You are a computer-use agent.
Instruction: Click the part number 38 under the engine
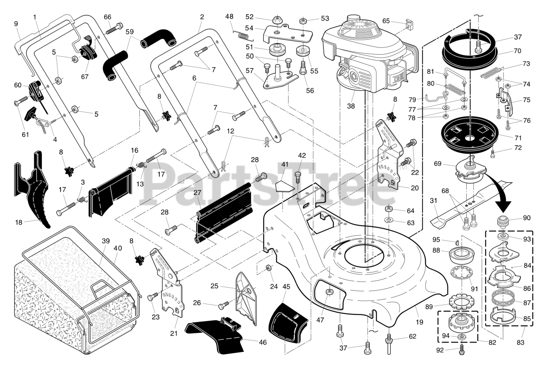click(351, 106)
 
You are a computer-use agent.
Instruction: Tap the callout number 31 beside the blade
click(433, 201)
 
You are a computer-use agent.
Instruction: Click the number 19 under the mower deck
click(419, 322)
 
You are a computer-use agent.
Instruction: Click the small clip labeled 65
click(409, 24)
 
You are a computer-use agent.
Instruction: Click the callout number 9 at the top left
click(16, 24)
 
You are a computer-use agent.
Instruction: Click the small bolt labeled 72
click(493, 154)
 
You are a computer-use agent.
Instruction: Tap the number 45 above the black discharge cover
click(286, 287)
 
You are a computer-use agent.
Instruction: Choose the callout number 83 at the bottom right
click(521, 343)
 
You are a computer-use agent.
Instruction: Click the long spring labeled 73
click(491, 73)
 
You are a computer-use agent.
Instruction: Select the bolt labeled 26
click(224, 305)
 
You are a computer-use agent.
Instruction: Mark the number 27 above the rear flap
click(197, 193)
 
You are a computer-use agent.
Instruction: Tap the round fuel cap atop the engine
click(353, 18)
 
